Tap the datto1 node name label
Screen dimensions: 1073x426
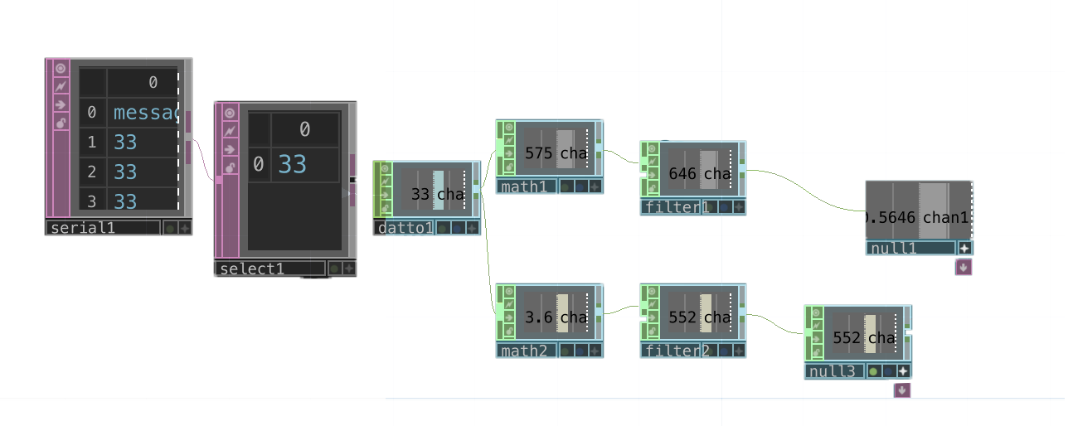[403, 228]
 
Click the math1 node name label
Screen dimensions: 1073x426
[525, 187]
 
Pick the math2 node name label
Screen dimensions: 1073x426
[525, 351]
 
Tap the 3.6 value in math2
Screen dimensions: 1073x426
[539, 317]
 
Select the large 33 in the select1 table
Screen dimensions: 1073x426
[292, 164]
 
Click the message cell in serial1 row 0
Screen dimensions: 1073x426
[145, 113]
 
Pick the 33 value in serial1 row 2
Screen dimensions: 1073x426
[125, 172]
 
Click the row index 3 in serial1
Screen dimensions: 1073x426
[92, 201]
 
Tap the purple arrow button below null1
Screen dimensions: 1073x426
[963, 267]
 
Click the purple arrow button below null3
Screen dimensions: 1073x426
[901, 390]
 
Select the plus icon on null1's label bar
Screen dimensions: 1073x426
[964, 248]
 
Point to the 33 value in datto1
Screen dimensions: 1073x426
[420, 195]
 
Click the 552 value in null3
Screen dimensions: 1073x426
[847, 338]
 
